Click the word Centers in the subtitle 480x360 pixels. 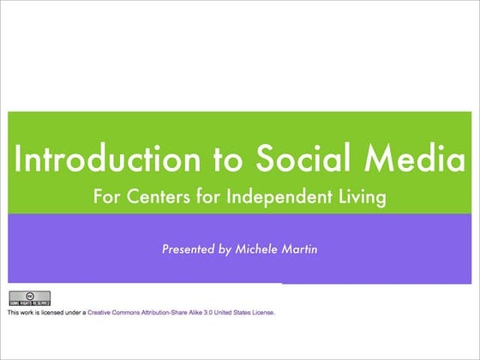coord(154,197)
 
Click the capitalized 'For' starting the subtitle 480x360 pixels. coord(105,197)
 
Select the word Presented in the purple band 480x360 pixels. coord(188,249)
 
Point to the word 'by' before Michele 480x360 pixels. coord(225,250)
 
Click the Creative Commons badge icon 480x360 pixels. coord(29,298)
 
